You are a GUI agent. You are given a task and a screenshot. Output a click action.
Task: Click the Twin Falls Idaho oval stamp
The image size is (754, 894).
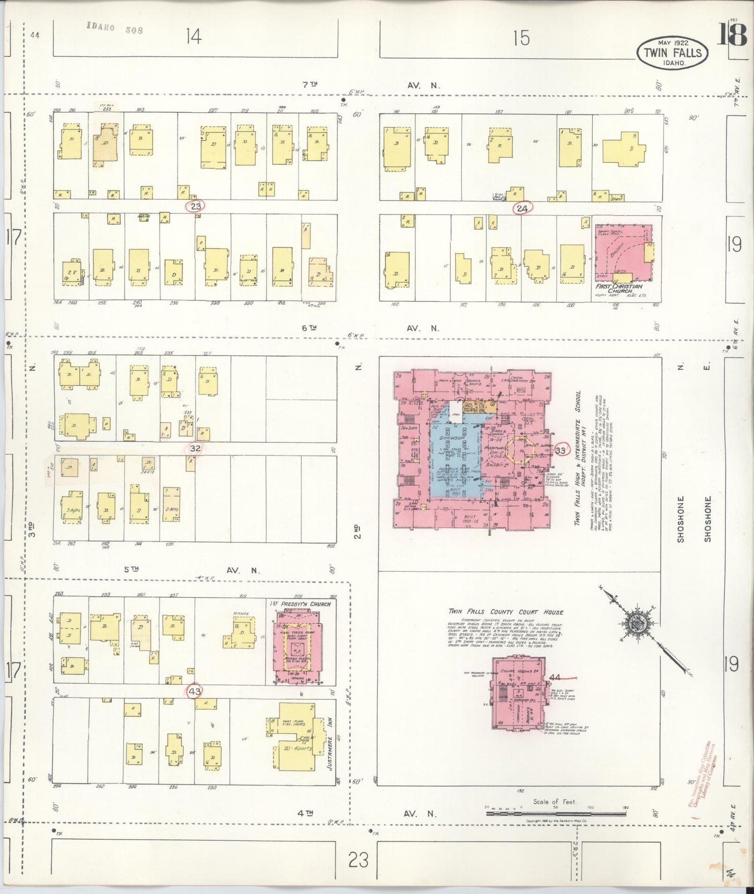(x=673, y=52)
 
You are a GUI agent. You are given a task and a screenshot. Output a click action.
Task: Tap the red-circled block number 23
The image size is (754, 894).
(x=196, y=206)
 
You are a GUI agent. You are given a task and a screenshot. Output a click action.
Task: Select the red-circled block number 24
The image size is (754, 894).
(x=522, y=209)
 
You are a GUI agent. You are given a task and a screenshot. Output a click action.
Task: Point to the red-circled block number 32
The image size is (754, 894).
(x=196, y=448)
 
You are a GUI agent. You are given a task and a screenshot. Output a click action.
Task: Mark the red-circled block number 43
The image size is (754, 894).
(x=195, y=692)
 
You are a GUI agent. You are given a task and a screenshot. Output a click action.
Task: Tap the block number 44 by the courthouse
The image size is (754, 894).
(x=555, y=678)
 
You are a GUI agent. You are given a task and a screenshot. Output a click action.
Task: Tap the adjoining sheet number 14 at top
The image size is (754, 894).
(x=193, y=37)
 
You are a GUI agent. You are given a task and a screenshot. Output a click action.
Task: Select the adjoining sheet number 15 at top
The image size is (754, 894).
(x=520, y=38)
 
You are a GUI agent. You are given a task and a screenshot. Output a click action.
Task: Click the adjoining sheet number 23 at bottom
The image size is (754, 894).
(x=358, y=859)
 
